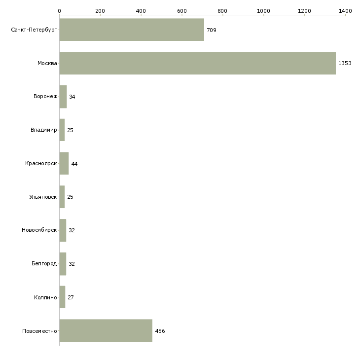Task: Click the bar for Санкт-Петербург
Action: pyautogui.click(x=132, y=30)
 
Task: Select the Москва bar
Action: pyautogui.click(x=198, y=63)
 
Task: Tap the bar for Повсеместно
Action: pyautogui.click(x=106, y=330)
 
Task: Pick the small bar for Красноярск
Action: pyautogui.click(x=64, y=163)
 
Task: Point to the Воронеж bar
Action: pyautogui.click(x=63, y=97)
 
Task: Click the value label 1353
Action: pyautogui.click(x=345, y=63)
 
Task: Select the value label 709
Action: pyautogui.click(x=212, y=30)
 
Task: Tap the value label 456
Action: pyautogui.click(x=160, y=331)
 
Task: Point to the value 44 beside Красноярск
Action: pyautogui.click(x=74, y=164)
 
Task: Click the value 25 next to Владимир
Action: pyautogui.click(x=70, y=130)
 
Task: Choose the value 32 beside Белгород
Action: pyautogui.click(x=72, y=264)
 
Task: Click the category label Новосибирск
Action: pyautogui.click(x=39, y=230)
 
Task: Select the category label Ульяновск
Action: pyautogui.click(x=43, y=197)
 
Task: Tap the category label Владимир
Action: pyautogui.click(x=43, y=130)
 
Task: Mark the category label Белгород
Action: pyautogui.click(x=44, y=263)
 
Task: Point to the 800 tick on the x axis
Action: pyautogui.click(x=222, y=11)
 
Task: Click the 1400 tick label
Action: pyautogui.click(x=346, y=11)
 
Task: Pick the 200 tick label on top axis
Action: pyautogui.click(x=100, y=11)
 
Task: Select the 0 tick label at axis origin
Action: pyautogui.click(x=60, y=11)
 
